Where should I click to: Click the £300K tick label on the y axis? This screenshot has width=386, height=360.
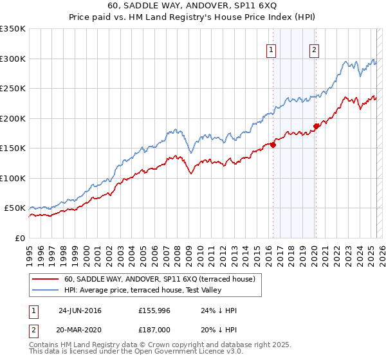13,59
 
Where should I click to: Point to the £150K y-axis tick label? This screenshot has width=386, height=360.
13,148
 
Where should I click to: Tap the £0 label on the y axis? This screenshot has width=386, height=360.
19,238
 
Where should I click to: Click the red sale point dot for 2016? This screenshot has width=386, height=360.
273,145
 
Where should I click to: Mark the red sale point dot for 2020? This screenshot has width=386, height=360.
316,126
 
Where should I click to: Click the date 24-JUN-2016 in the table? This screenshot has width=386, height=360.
80,310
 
